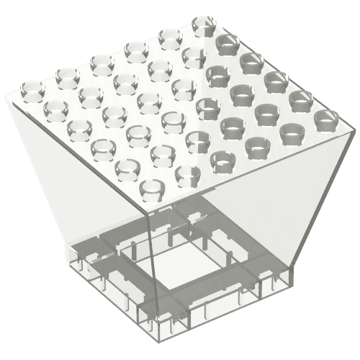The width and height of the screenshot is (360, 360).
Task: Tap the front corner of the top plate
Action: pos(145,213)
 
